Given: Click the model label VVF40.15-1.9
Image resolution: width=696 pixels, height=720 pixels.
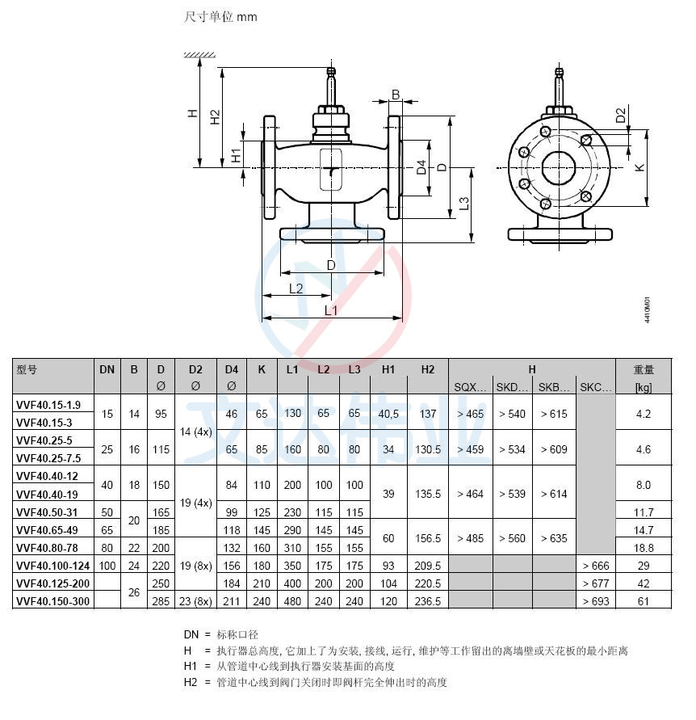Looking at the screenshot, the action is (x=48, y=405).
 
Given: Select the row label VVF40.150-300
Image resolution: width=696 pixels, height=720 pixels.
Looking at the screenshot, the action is (x=52, y=601).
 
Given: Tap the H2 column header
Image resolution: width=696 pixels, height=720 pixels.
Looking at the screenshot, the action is (x=428, y=369).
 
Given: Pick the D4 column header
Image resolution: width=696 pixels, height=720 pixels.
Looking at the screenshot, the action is (x=231, y=369).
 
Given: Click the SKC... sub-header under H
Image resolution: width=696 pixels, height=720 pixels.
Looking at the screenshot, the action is (x=596, y=387).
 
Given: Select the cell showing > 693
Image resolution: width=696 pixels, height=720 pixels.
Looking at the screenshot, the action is (x=596, y=601).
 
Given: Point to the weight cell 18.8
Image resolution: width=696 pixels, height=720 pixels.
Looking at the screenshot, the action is (x=644, y=548).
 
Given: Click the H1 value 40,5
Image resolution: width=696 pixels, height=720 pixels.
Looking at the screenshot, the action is (x=388, y=415).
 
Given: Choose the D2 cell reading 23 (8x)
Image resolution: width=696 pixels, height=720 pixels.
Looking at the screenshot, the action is (x=195, y=601).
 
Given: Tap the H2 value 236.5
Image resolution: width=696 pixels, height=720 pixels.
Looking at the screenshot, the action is (x=428, y=601).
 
